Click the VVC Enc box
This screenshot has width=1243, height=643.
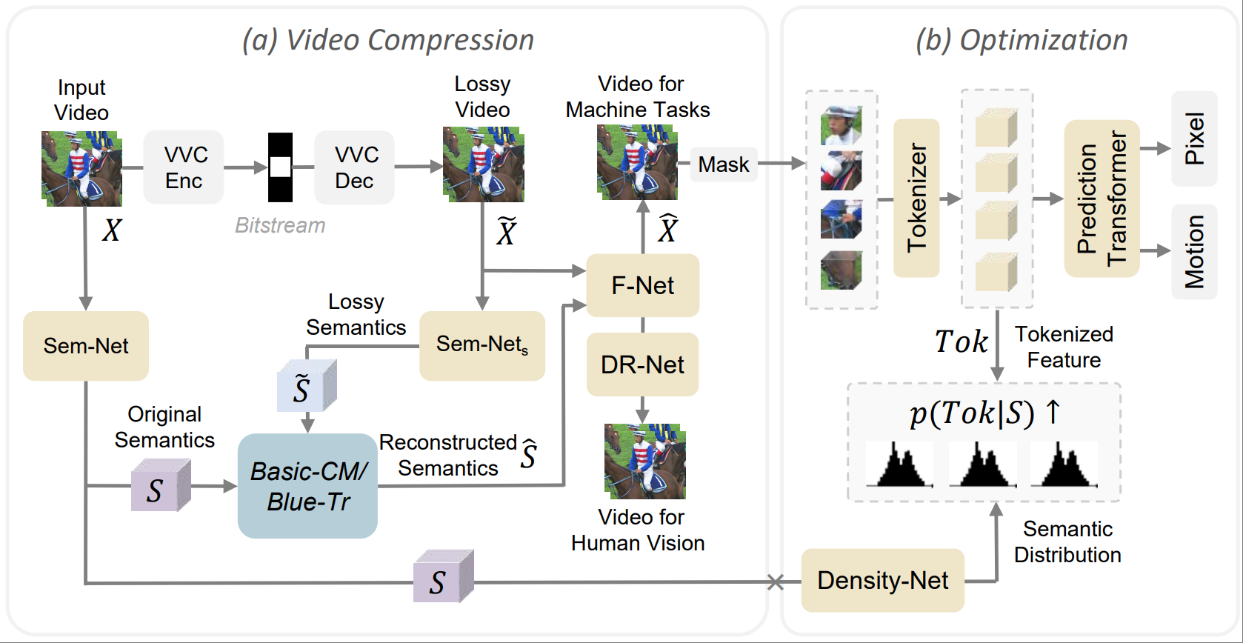click(184, 167)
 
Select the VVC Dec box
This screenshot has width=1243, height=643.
click(355, 167)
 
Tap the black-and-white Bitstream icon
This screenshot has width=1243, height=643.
click(280, 167)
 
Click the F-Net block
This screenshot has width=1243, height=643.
click(642, 285)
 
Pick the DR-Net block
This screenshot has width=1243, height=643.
click(642, 364)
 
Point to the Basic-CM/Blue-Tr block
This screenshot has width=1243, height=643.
click(307, 486)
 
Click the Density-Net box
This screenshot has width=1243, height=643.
click(882, 580)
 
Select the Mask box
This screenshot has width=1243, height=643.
click(723, 164)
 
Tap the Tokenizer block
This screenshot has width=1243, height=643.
click(916, 199)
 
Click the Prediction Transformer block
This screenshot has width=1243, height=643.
click(1102, 199)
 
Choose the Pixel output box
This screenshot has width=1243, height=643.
click(1194, 139)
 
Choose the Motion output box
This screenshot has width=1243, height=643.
click(1194, 252)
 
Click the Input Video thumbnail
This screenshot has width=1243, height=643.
click(81, 168)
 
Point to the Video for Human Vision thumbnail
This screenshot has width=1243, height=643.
click(644, 461)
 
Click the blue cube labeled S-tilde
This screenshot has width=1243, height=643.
click(306, 386)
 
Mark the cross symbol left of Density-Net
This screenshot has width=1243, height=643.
click(775, 582)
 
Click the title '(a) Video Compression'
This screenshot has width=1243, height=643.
click(388, 40)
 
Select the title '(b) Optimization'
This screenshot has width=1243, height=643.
click(1022, 40)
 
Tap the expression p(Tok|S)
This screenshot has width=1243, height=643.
click(972, 413)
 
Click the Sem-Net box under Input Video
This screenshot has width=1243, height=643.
click(86, 346)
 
